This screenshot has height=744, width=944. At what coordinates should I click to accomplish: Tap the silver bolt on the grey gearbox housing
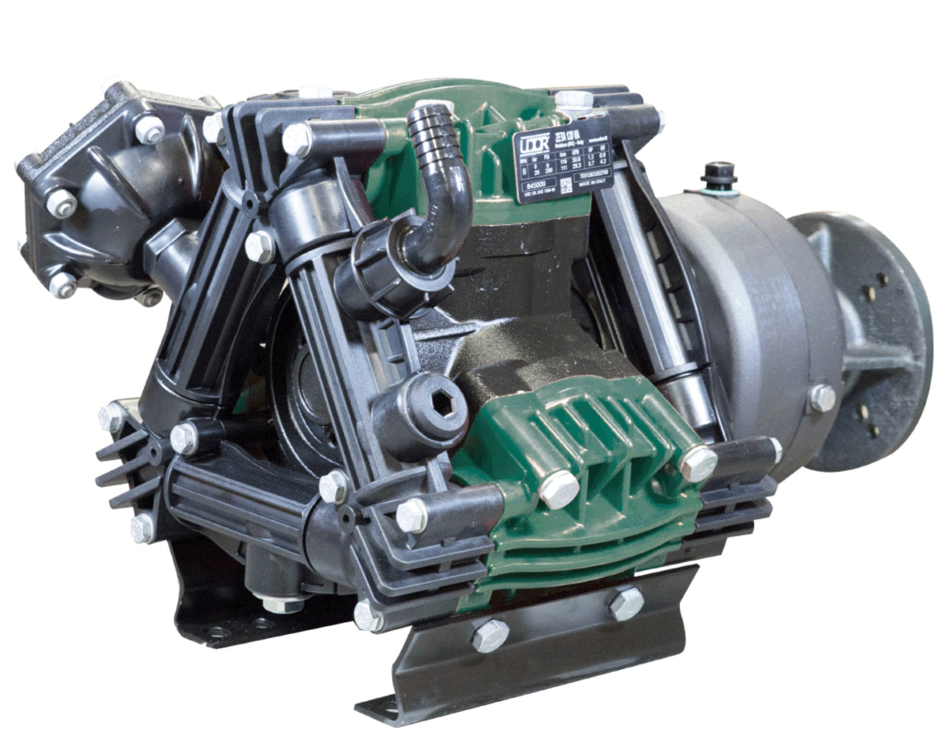(822, 397)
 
